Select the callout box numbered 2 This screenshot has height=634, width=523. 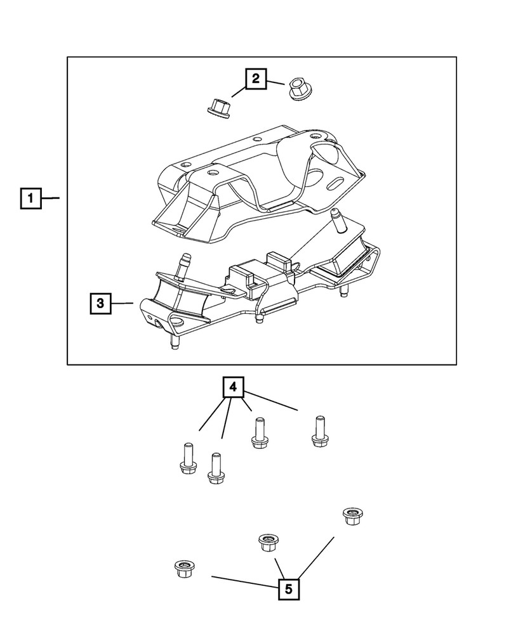pyautogui.click(x=255, y=79)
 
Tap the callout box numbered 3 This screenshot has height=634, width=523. pyautogui.click(x=100, y=304)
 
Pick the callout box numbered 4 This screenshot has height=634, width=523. pyautogui.click(x=233, y=387)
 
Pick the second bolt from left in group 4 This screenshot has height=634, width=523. pyautogui.click(x=215, y=469)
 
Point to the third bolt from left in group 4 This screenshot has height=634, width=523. pyautogui.click(x=258, y=434)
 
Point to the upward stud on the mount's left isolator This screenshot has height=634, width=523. pyautogui.click(x=185, y=263)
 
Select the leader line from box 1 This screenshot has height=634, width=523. pyautogui.click(x=51, y=199)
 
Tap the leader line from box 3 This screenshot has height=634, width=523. pyautogui.click(x=122, y=304)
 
